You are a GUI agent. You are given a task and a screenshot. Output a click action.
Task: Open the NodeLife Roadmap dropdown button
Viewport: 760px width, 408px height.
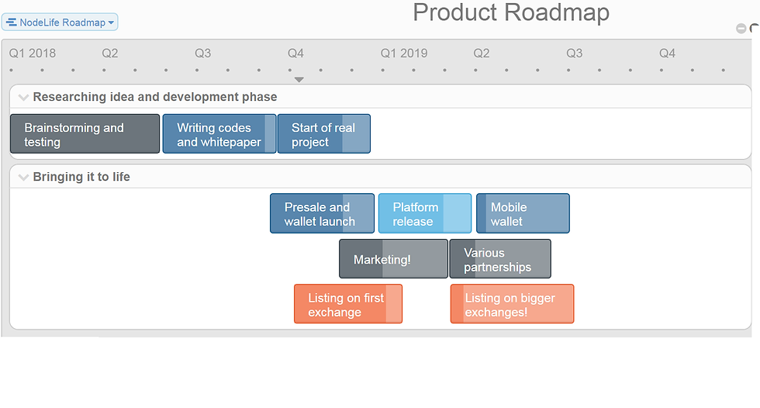60,22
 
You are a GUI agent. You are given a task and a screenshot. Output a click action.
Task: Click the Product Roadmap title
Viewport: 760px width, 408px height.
511,12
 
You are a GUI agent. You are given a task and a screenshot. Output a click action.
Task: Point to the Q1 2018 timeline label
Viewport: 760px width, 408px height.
33,54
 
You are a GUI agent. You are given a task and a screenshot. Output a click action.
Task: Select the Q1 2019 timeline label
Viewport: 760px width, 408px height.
404,54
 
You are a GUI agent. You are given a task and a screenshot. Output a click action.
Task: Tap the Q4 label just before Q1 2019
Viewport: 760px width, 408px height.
295,54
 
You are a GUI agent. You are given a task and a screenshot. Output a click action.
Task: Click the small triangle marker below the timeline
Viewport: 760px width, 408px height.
299,79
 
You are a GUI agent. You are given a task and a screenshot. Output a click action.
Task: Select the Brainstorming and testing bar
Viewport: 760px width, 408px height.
85,133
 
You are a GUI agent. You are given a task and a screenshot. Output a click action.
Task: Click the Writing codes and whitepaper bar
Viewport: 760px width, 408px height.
219,133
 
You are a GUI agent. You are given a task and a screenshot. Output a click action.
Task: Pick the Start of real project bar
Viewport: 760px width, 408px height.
324,133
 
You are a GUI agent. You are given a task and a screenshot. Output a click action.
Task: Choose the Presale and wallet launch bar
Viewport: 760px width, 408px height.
323,213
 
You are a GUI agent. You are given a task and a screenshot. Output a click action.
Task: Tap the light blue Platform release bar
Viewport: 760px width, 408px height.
425,213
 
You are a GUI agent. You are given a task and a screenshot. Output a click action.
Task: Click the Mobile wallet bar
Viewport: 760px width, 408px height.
523,213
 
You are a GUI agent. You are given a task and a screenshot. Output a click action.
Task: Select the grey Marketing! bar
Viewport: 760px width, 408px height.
394,259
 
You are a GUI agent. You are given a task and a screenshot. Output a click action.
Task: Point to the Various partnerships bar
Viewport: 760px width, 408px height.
500,259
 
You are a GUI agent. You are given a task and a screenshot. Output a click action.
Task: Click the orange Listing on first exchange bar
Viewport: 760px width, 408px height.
348,304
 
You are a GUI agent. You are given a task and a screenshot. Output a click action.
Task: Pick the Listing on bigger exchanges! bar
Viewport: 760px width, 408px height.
513,304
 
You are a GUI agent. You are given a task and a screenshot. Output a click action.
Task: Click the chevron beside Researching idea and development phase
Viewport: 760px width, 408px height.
23,98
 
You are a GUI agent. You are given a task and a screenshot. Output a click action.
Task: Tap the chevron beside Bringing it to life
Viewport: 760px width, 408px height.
23,178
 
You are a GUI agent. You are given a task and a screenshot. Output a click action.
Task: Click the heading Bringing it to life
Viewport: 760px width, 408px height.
81,177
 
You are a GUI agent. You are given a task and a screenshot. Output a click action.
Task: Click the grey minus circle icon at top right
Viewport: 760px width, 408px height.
741,29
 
